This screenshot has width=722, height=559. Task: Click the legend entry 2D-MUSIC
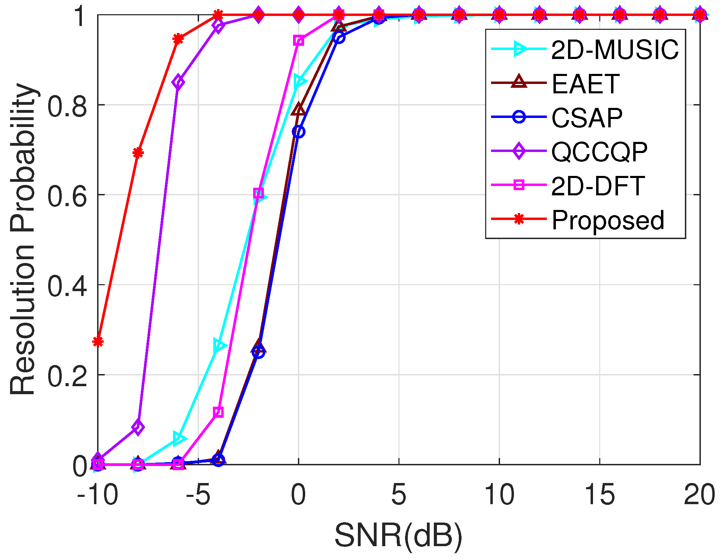tap(614, 50)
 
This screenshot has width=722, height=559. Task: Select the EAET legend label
tap(585, 84)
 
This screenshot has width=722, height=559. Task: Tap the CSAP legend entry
tap(587, 118)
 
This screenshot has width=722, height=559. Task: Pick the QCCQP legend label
tap(599, 152)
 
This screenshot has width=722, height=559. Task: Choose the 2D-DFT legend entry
tap(598, 186)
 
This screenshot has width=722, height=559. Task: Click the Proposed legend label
tap(608, 220)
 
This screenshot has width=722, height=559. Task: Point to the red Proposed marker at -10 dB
tap(98, 342)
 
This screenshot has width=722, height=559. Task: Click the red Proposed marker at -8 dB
tap(138, 153)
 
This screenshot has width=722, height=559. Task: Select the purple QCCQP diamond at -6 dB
tap(178, 82)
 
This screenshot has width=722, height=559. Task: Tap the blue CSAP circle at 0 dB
tap(299, 132)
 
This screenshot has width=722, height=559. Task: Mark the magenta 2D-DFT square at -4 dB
tap(218, 412)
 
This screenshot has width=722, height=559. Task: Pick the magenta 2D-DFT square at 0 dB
tap(299, 41)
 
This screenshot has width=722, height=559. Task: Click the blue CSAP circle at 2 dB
tap(339, 37)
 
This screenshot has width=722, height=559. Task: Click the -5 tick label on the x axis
tap(198, 495)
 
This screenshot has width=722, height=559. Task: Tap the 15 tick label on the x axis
tap(600, 495)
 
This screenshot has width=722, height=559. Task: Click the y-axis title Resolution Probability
tap(23, 239)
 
